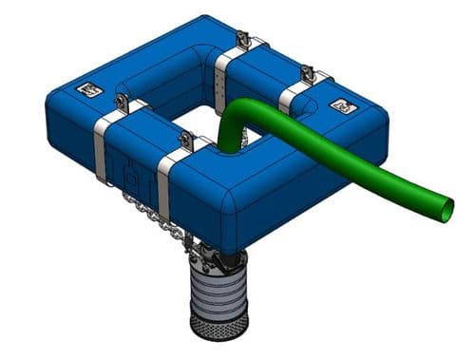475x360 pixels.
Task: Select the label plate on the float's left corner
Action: pyautogui.click(x=86, y=90)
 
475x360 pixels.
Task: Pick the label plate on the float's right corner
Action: pyautogui.click(x=339, y=106)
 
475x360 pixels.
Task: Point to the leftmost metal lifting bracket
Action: pyautogui.click(x=121, y=103)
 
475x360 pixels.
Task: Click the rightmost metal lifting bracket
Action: pyautogui.click(x=307, y=74)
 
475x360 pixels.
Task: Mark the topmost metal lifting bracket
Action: pyautogui.click(x=242, y=40)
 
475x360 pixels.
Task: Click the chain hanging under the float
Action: pyautogui.click(x=152, y=214)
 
